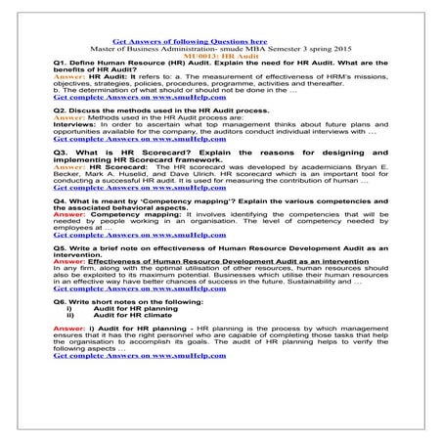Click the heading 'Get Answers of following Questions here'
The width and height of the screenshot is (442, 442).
190,43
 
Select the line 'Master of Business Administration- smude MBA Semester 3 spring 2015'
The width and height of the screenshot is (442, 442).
190,50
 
